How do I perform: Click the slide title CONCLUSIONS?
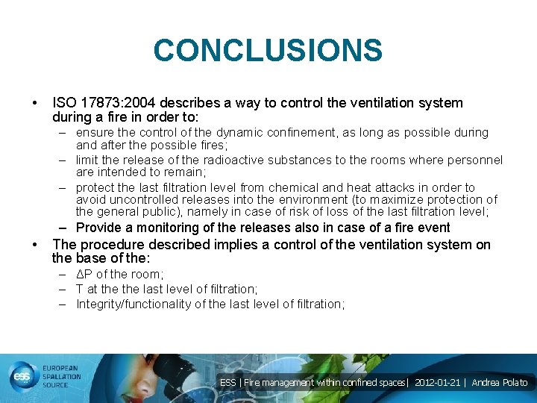click(x=268, y=51)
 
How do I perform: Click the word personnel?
click(x=475, y=160)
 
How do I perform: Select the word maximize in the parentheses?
click(x=404, y=200)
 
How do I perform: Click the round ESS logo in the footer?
click(x=20, y=378)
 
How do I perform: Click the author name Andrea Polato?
click(x=500, y=383)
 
